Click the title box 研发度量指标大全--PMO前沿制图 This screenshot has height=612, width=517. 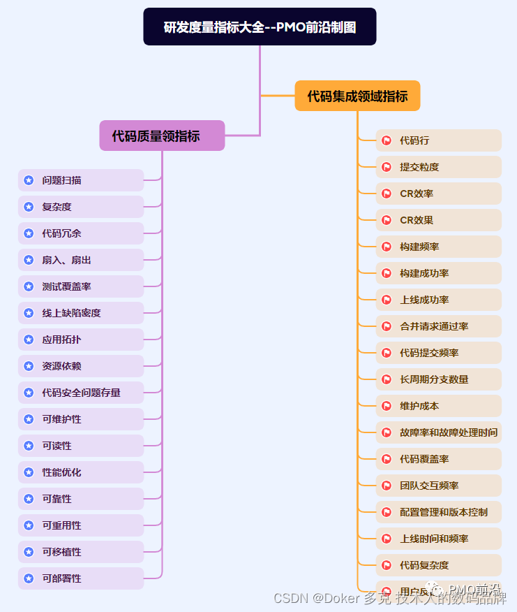[x=260, y=27]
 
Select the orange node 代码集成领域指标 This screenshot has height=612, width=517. [x=357, y=96]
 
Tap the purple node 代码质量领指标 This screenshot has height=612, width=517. [x=162, y=136]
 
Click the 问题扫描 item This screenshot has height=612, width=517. [x=81, y=180]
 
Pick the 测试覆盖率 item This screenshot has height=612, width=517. [x=81, y=286]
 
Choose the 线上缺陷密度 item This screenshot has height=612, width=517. [x=81, y=313]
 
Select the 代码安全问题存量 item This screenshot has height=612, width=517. [x=81, y=393]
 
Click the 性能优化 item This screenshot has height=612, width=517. [x=81, y=472]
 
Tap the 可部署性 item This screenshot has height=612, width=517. [x=81, y=578]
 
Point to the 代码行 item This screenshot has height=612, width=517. [x=438, y=140]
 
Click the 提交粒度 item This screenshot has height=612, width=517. [x=438, y=167]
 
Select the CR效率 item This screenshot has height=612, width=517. [x=438, y=194]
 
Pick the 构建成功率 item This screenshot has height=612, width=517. [x=438, y=273]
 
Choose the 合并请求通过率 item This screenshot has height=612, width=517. [x=438, y=326]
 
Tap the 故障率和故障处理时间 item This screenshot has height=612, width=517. [x=438, y=432]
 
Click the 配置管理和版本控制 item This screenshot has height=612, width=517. [x=438, y=512]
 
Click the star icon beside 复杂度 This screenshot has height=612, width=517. [x=29, y=207]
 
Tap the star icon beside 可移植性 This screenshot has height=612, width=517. [x=29, y=552]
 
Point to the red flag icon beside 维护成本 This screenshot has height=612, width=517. [x=386, y=406]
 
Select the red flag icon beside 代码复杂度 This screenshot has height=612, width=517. [x=386, y=565]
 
